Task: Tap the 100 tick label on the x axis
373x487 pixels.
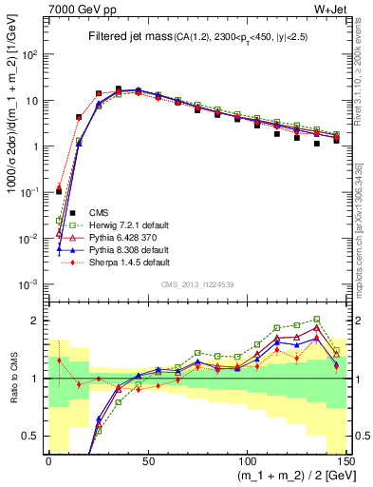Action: point(247,459)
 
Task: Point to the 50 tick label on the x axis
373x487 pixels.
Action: point(147,459)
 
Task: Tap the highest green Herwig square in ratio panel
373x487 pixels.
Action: point(316,320)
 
